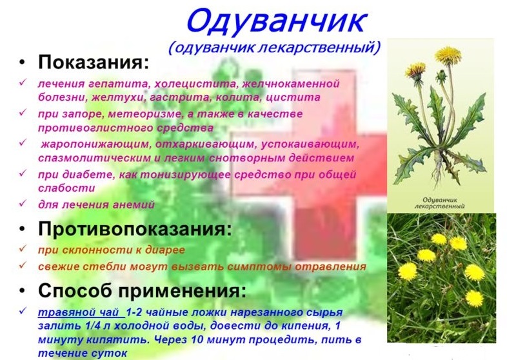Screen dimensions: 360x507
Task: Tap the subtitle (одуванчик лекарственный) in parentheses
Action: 273,47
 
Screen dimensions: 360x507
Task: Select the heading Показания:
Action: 94,63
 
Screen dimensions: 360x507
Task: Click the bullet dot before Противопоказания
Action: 23,229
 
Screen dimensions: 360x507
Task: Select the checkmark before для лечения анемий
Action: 23,204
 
